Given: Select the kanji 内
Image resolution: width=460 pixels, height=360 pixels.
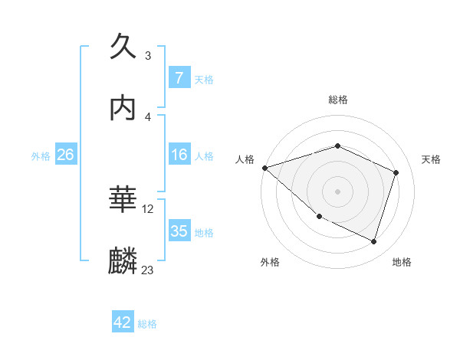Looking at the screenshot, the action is point(123,109).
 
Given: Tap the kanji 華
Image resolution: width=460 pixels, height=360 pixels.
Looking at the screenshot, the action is point(123,201).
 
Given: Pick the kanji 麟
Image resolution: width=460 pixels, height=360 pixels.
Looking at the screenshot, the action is point(123,261).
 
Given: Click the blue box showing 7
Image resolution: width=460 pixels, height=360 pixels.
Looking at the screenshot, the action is point(179,78).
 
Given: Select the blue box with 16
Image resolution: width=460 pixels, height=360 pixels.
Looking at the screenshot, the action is point(179,155).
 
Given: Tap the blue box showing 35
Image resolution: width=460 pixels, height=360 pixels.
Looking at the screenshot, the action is point(179,231).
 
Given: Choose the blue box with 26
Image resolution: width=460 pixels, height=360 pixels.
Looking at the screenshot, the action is point(65,155).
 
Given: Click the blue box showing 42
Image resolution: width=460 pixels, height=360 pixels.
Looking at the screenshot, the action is point(123,323).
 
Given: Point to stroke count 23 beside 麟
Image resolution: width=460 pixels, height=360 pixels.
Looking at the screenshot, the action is point(147,270).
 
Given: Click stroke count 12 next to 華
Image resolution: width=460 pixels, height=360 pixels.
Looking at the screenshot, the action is point(148,208).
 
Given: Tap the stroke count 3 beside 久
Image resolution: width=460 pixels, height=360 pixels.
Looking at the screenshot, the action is point(147,56).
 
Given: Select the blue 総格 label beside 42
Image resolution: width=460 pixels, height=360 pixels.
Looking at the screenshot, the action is point(147,324).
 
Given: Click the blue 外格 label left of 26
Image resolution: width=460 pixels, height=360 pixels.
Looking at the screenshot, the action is point(41,156).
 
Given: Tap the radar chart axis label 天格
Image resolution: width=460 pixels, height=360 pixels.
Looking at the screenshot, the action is point(431,159).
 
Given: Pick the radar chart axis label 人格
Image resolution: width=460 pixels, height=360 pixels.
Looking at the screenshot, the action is point(245,159).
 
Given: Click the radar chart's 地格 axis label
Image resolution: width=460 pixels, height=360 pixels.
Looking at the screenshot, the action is point(402,262).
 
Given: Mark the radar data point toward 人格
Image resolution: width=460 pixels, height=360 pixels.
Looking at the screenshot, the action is point(264,168).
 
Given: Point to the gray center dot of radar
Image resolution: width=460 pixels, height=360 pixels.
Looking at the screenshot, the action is point(337,191).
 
